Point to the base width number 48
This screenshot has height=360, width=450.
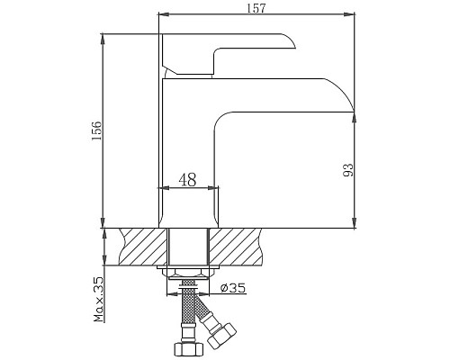click(188, 179)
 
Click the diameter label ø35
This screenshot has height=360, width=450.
click(232, 289)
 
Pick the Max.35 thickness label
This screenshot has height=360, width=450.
click(98, 300)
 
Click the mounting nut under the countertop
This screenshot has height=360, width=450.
click(188, 273)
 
